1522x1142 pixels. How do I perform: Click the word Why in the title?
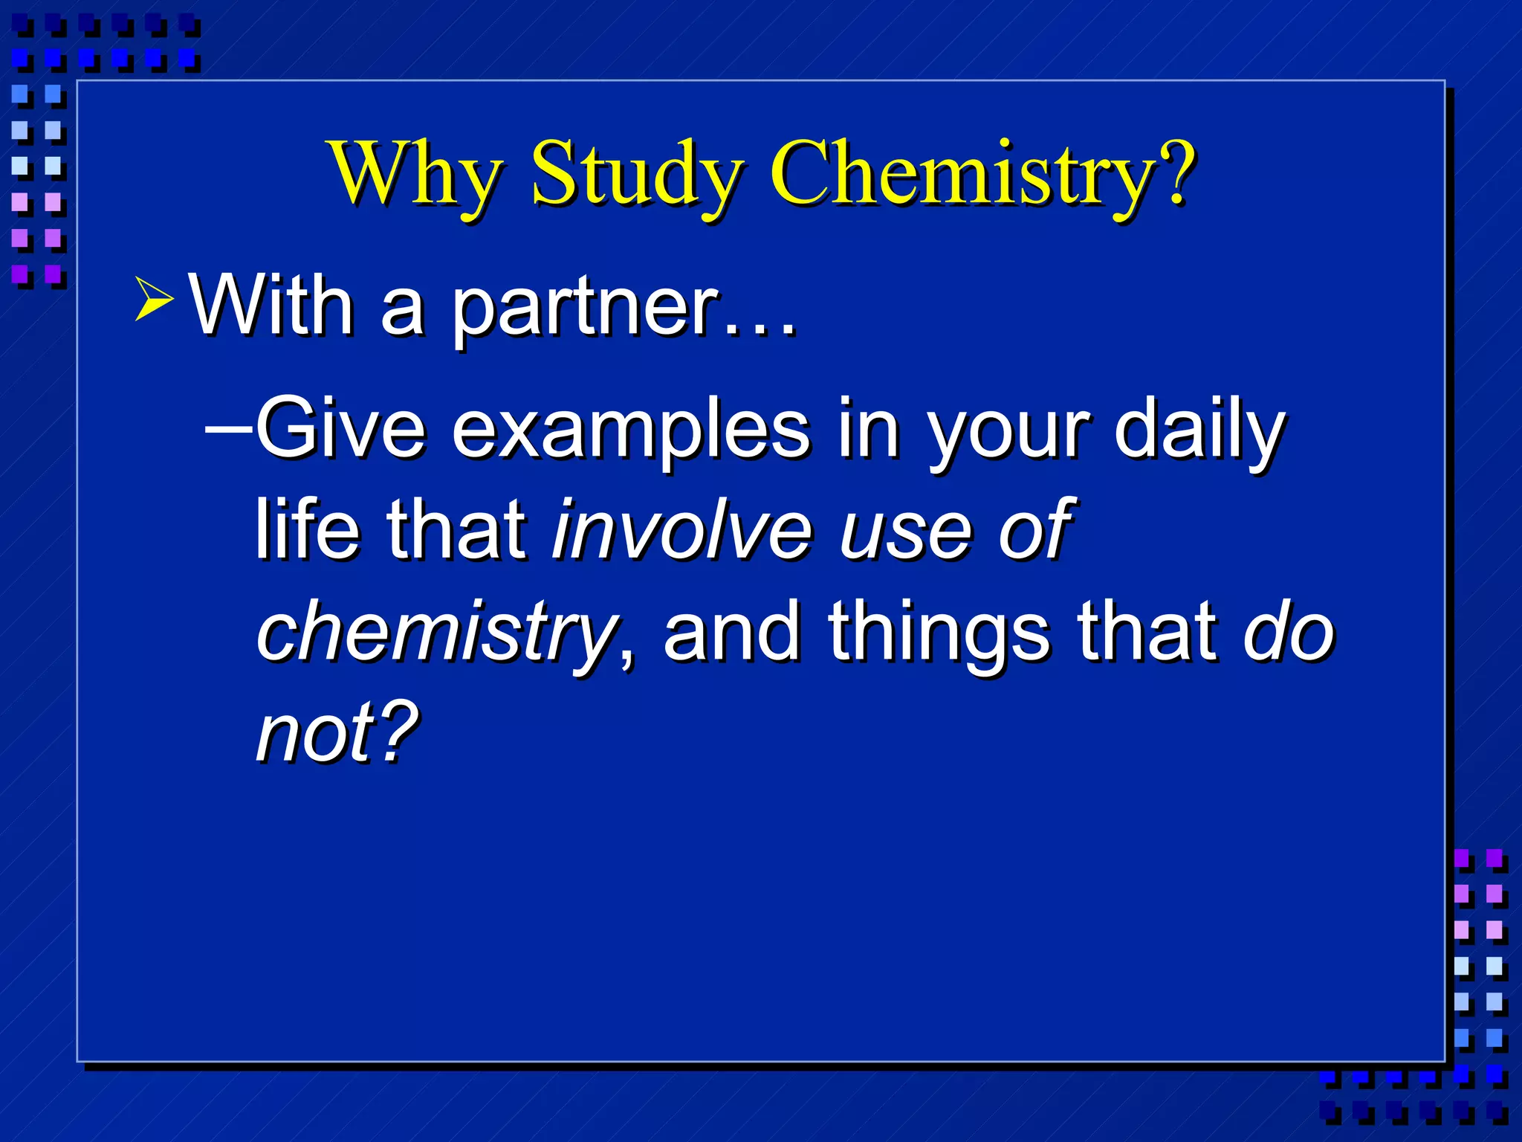click(415, 175)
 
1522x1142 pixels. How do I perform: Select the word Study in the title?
click(635, 175)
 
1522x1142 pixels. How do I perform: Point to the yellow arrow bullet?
click(154, 299)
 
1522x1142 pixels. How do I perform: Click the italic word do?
click(1289, 632)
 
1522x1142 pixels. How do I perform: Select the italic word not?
click(315, 732)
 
